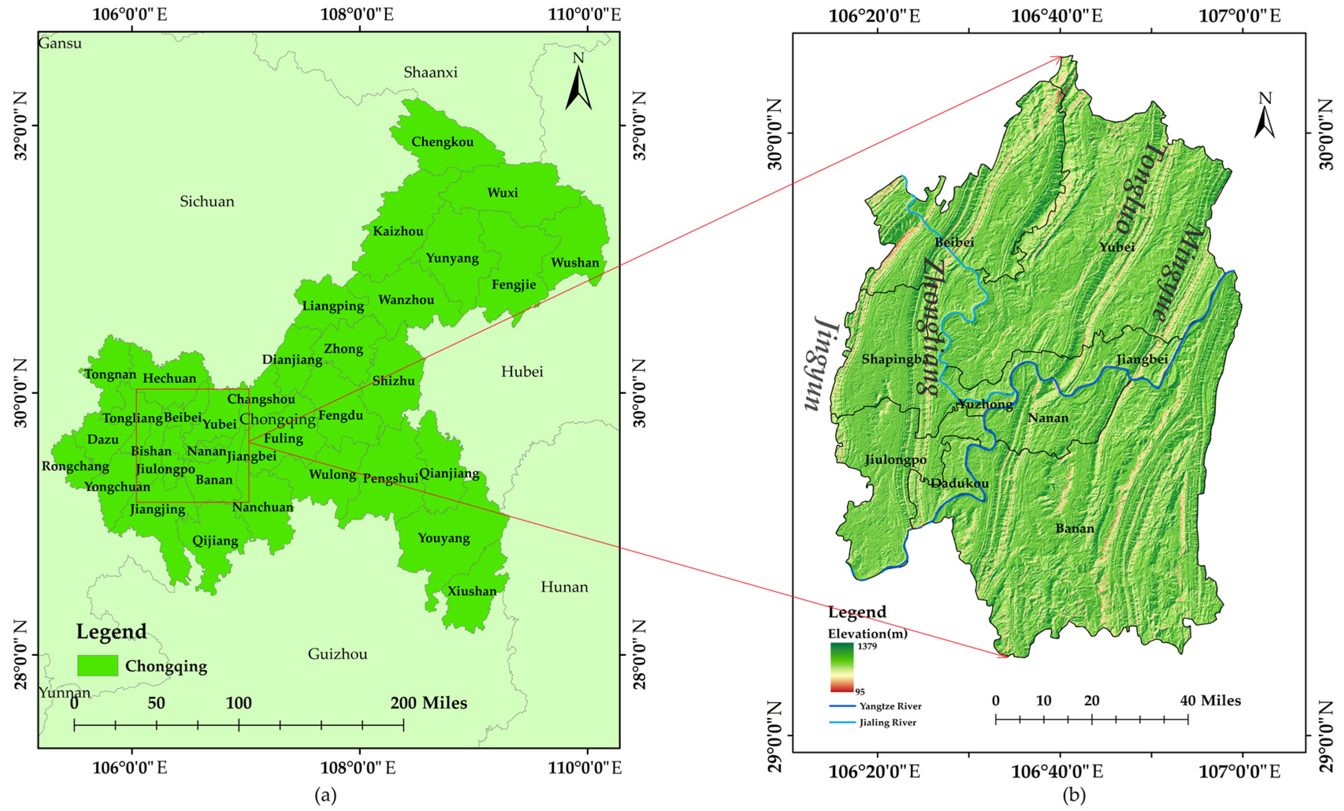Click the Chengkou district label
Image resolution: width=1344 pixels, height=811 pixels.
(x=442, y=142)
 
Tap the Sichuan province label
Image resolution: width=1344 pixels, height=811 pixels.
(x=207, y=202)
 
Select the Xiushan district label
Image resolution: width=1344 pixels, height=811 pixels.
(x=472, y=591)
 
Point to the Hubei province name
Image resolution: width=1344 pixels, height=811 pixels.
(x=522, y=372)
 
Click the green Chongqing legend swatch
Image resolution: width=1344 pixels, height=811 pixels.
(x=98, y=665)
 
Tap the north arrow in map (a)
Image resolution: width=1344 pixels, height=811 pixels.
(x=578, y=87)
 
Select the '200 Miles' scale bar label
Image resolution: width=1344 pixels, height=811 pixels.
(x=429, y=703)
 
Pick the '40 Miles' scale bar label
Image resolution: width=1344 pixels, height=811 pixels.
(x=1210, y=701)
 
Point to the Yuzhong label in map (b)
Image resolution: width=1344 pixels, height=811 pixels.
(x=985, y=405)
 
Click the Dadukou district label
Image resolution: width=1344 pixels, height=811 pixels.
(x=960, y=484)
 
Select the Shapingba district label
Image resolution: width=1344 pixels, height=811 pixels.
(x=895, y=359)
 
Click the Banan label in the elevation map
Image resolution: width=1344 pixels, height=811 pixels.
(x=1075, y=529)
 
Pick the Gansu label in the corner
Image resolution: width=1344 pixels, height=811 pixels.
(x=59, y=43)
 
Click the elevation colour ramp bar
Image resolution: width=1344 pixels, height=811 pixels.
(x=842, y=667)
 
